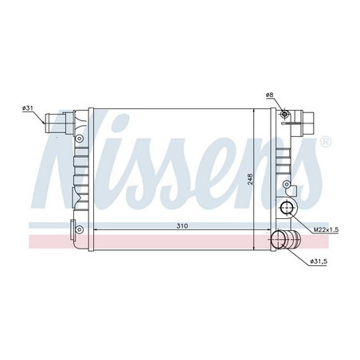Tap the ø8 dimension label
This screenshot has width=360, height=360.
tap(270, 96)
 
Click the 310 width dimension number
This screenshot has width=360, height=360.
tap(182, 226)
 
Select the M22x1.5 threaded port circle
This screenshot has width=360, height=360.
tap(286, 210)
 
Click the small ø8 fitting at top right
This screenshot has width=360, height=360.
tap(284, 115)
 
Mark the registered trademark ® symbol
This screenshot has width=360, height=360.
tap(324, 143)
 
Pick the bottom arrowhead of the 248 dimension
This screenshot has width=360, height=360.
tap(253, 228)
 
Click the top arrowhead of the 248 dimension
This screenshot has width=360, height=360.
tap(253, 112)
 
